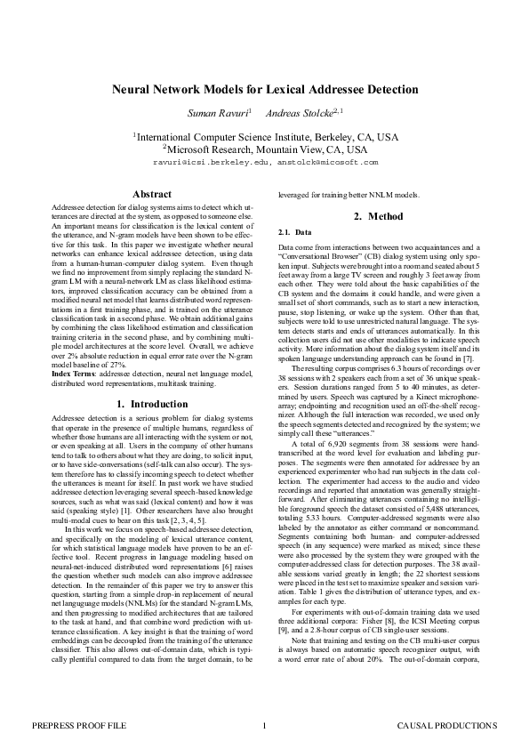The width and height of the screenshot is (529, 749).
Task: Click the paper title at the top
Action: click(264, 90)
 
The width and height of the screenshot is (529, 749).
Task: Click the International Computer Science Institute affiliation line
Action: click(265, 138)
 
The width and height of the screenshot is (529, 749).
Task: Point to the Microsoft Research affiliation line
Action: click(265, 150)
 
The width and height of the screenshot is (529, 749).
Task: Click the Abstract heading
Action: click(152, 194)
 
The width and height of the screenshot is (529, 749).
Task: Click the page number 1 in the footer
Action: click(264, 727)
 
